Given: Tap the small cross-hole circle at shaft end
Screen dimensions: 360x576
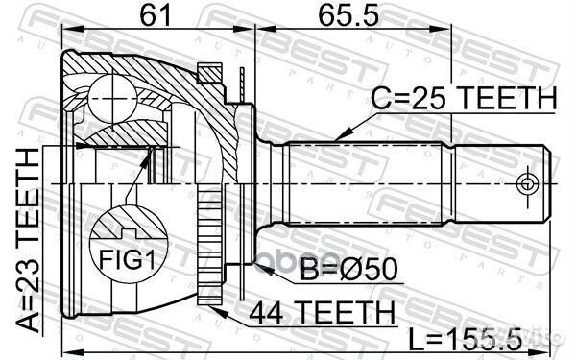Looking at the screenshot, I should click(x=526, y=182).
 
